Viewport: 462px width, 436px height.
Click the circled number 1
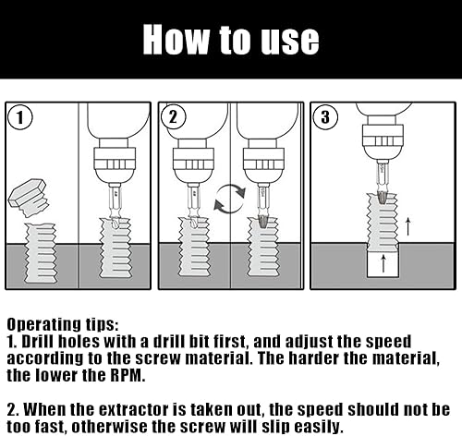[20, 117]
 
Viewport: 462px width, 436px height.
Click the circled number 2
[174, 117]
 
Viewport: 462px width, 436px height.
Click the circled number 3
[325, 117]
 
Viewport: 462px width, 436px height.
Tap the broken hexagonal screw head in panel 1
[29, 197]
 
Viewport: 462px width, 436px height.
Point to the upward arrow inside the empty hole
[383, 263]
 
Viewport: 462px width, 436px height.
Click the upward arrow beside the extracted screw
[407, 226]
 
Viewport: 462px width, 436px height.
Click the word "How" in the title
[176, 39]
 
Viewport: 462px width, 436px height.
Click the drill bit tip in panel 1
[114, 223]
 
